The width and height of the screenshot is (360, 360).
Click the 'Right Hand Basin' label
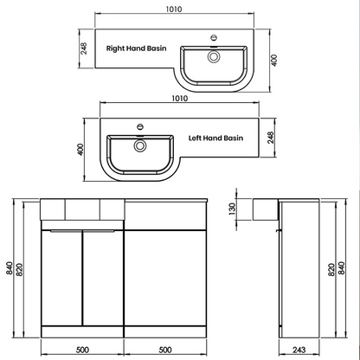pyautogui.click(x=135, y=49)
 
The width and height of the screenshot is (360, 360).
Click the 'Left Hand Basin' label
pyautogui.click(x=215, y=138)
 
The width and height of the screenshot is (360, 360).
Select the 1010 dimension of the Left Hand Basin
pyautogui.click(x=180, y=99)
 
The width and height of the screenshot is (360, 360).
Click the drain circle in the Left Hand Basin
pyautogui.click(x=138, y=145)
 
